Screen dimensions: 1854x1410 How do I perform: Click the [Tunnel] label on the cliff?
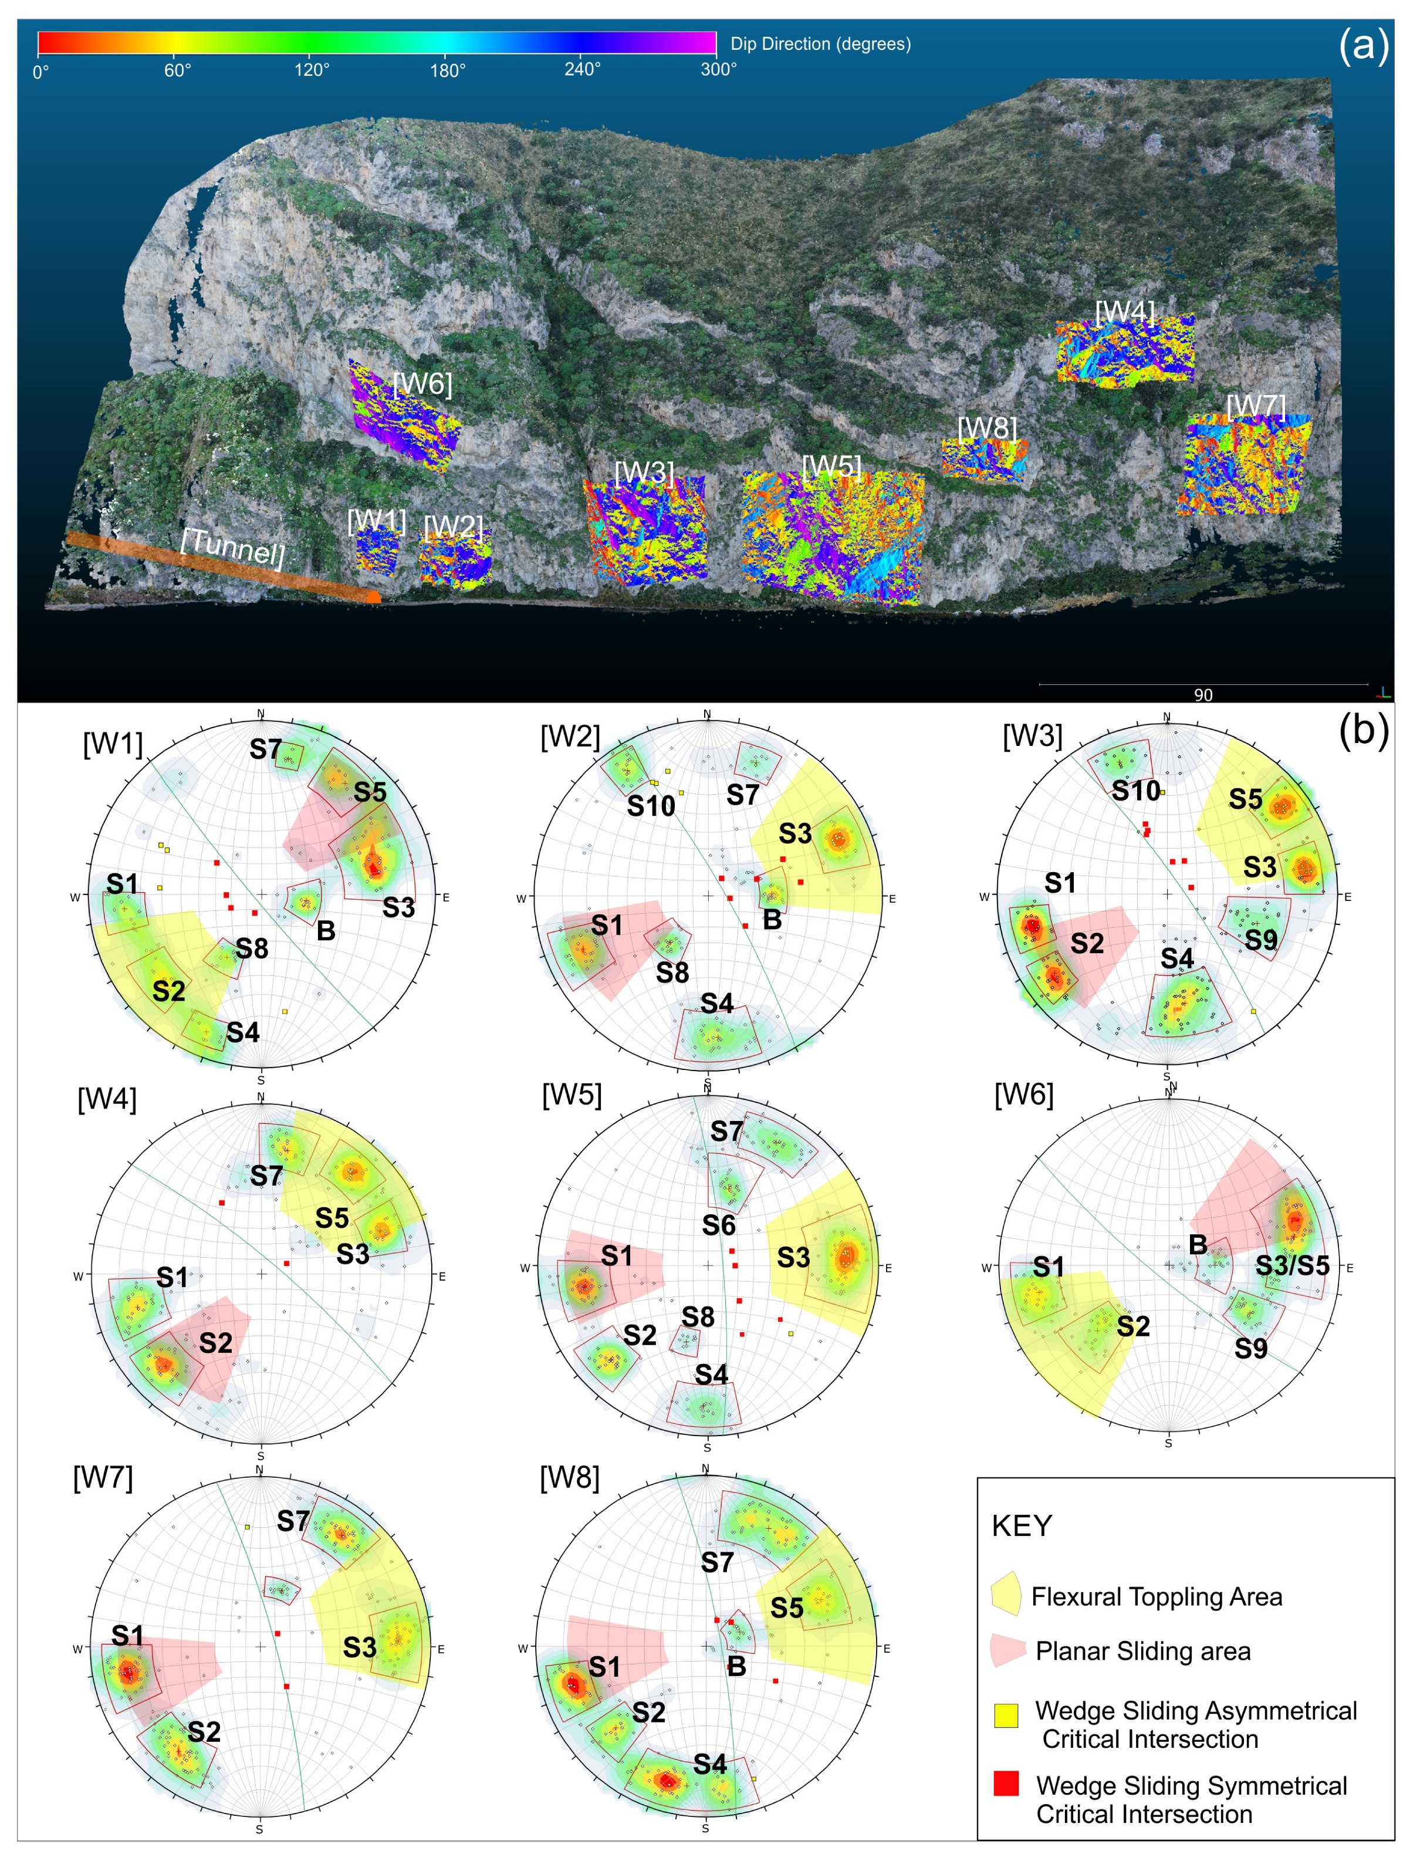coord(232,546)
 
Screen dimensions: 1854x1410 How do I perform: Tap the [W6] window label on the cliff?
coord(422,384)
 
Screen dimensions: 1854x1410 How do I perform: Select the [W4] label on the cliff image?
coord(1125,313)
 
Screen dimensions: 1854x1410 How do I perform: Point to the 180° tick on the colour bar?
coord(447,70)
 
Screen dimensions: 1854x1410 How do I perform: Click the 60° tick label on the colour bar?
coord(177,70)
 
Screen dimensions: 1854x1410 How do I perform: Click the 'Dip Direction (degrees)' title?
coord(820,43)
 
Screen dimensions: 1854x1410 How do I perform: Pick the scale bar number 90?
coord(1203,695)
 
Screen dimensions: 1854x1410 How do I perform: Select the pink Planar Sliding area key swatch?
coord(1007,1649)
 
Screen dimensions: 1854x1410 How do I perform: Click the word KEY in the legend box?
coord(1022,1525)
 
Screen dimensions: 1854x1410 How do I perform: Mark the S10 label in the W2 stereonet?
coord(651,806)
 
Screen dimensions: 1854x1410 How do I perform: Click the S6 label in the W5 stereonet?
coord(718,1226)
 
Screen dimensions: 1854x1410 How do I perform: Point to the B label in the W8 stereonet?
coord(736,1666)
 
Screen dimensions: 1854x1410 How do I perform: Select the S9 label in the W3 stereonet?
coord(1260,940)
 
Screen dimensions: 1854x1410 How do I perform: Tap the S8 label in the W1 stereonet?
coord(252,948)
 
